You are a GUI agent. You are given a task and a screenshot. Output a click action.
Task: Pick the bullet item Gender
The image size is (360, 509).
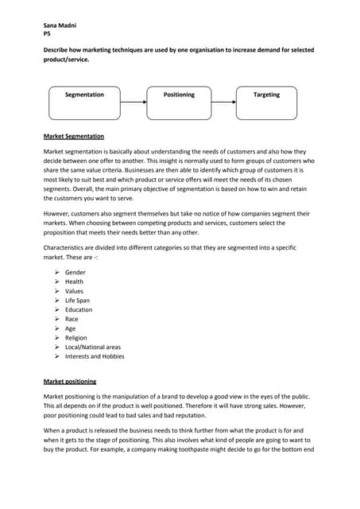click(75, 272)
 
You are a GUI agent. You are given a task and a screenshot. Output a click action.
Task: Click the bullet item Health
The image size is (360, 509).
click(74, 282)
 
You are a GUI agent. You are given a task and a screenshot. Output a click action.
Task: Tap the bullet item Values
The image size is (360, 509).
click(74, 291)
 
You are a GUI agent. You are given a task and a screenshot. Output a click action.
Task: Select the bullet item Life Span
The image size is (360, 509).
click(78, 301)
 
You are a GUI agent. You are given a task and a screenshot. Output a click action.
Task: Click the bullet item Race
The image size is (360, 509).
click(72, 319)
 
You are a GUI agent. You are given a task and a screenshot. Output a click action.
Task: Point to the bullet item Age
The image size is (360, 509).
click(71, 328)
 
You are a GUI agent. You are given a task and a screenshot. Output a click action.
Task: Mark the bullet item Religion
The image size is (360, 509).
click(76, 338)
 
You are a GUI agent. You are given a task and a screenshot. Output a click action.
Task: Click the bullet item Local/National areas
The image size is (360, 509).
click(93, 348)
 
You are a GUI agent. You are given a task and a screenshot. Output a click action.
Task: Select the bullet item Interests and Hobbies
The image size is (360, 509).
click(95, 356)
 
